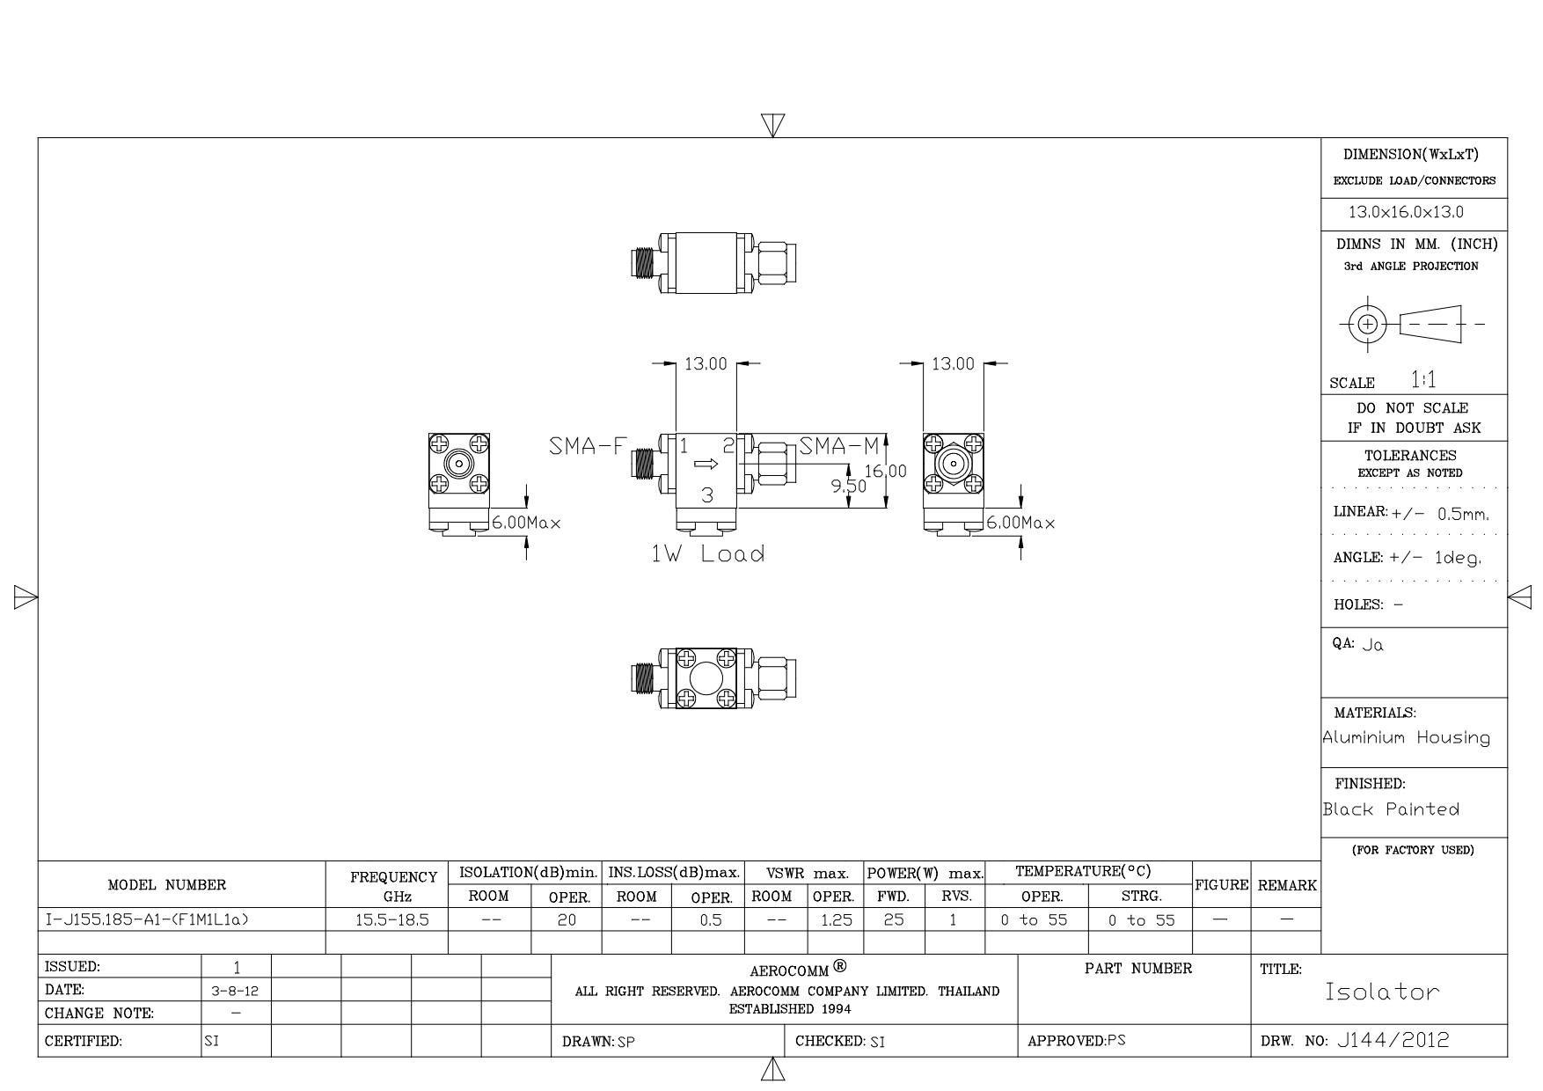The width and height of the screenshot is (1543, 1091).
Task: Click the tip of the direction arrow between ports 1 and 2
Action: [719, 464]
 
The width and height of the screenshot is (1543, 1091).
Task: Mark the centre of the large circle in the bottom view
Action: [706, 679]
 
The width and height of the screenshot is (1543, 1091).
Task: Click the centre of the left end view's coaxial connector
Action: [458, 463]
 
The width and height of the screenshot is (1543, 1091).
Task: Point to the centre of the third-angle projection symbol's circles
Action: [1367, 324]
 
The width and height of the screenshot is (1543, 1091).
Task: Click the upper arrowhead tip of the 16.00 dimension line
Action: [886, 433]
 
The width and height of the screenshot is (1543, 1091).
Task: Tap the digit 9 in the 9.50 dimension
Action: [837, 487]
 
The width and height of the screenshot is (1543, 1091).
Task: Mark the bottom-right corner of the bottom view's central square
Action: [737, 710]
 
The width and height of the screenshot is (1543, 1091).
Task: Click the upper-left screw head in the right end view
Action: [932, 444]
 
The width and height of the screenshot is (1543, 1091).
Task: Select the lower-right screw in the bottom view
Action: [726, 699]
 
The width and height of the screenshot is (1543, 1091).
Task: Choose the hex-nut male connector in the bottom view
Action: [775, 679]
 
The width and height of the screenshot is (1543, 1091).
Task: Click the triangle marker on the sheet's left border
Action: [26, 598]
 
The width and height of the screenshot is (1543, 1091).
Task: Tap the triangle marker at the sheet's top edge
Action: [772, 126]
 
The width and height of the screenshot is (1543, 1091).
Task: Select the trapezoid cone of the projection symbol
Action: [1430, 324]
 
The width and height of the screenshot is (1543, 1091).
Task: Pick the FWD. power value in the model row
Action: [894, 920]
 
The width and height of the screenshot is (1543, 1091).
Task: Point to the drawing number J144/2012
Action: [1393, 1041]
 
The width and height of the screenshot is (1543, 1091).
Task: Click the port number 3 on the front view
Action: [707, 495]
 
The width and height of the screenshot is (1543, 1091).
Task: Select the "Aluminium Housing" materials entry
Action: [1407, 738]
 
